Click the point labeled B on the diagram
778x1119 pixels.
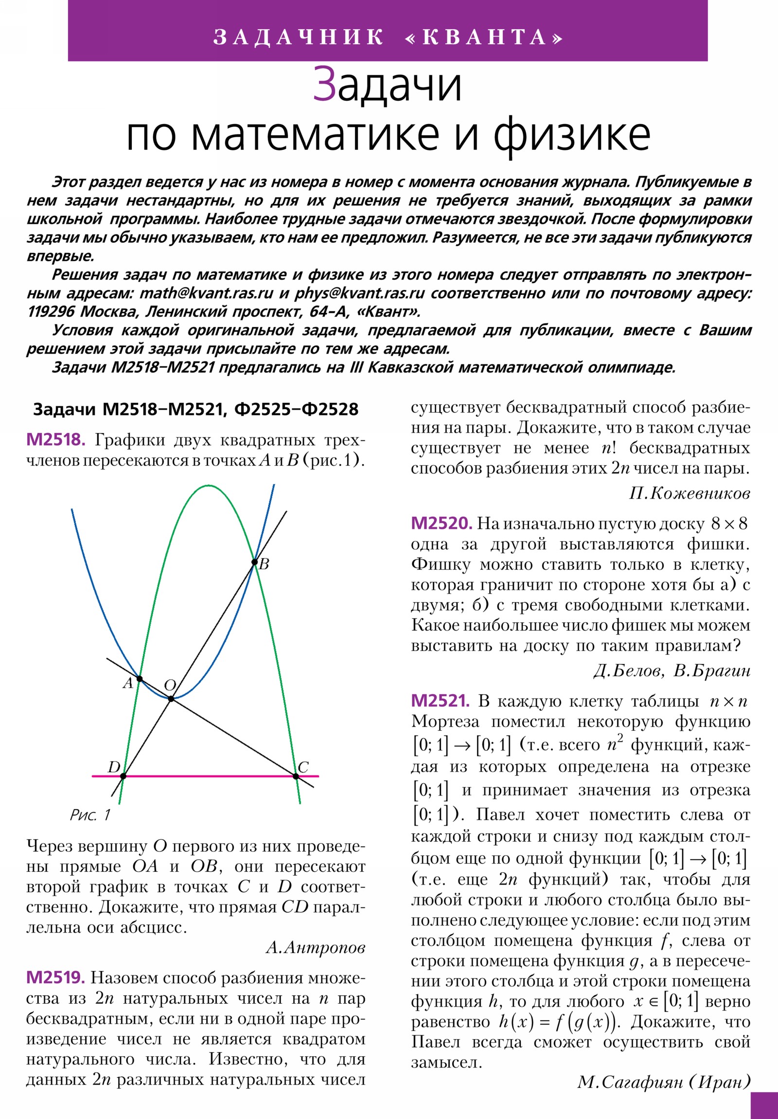[254, 562]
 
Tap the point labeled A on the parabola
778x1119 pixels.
[140, 678]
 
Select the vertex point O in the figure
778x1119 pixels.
[171, 699]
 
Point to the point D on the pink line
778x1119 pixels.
[123, 776]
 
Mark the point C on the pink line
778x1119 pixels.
[296, 776]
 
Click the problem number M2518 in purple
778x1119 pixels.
[55, 440]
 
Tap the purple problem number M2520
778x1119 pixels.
[442, 523]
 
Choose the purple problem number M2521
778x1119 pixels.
[441, 701]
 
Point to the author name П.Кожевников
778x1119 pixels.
[690, 494]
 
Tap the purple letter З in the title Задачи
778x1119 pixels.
[324, 85]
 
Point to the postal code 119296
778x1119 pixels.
[51, 312]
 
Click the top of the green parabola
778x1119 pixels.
[209, 486]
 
